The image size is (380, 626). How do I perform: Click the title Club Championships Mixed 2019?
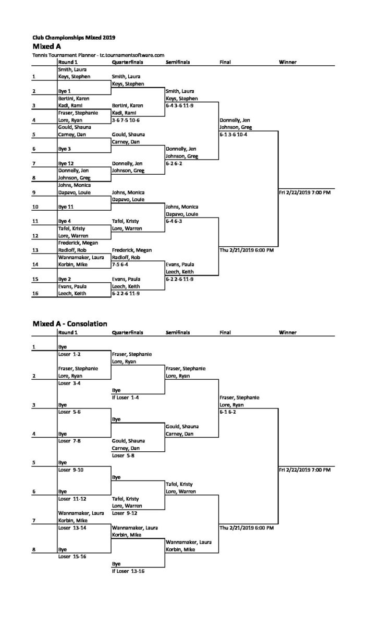(73, 38)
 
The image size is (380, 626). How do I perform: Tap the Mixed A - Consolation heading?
(70, 323)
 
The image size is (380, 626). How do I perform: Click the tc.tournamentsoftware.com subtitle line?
(99, 55)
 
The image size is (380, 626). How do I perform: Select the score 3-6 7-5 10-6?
(126, 120)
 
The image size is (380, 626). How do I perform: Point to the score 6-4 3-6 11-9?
(179, 105)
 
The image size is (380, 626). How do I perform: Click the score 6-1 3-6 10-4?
(234, 135)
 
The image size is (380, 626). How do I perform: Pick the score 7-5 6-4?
(120, 264)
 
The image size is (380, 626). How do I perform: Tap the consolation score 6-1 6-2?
(228, 412)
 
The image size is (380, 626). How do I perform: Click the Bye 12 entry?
(66, 163)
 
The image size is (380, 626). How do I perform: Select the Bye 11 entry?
(66, 207)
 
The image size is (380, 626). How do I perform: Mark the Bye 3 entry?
(65, 149)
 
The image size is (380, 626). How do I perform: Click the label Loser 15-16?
(72, 557)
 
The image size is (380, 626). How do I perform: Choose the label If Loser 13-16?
(128, 571)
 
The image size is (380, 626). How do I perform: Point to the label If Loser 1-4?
(126, 398)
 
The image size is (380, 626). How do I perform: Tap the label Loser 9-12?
(125, 513)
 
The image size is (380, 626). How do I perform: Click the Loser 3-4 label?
(69, 383)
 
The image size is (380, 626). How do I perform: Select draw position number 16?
(35, 293)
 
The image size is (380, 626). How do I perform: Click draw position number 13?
(35, 250)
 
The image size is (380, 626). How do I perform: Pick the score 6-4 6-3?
(174, 221)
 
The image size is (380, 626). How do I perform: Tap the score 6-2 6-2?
(174, 163)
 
